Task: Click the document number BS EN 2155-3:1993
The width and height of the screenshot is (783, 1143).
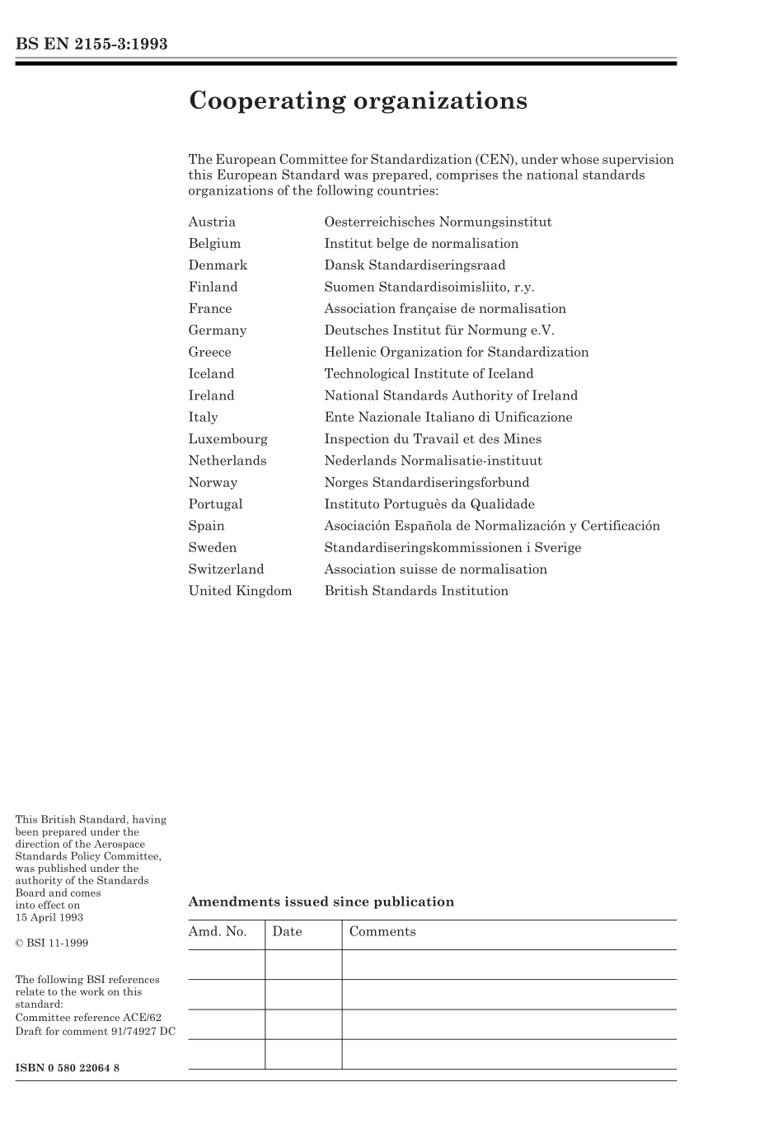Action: pos(91,45)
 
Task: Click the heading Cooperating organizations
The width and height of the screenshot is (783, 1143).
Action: pos(358,101)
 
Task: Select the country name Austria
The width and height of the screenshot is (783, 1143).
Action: pos(212,222)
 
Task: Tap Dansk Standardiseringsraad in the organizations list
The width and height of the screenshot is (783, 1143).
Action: pos(415,265)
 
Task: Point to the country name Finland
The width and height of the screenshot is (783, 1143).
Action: pos(213,287)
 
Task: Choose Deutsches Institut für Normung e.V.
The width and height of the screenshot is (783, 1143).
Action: pos(439,330)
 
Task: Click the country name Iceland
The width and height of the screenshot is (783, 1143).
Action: pos(211,374)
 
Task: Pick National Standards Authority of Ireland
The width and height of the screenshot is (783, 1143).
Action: pos(451,396)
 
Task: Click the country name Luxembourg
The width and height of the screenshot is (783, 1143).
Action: pos(227,439)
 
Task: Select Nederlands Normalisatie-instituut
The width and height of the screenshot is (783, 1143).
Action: pos(433,461)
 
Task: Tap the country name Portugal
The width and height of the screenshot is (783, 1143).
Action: pos(215,504)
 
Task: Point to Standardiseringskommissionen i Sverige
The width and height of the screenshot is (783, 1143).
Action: pos(452,548)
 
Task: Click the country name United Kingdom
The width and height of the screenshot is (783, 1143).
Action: pos(240,591)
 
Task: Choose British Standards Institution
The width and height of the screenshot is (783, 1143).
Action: pos(416,591)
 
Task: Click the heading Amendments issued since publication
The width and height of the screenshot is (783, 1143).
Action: pos(321,902)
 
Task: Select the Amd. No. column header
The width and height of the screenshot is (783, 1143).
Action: pos(218,932)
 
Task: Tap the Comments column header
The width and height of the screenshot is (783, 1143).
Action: pos(382,932)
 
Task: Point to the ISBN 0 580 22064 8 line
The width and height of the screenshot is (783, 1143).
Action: pos(68,1068)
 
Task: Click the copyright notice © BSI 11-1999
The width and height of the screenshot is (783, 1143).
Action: pos(52,943)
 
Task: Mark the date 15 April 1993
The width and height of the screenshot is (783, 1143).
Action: pos(49,917)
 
